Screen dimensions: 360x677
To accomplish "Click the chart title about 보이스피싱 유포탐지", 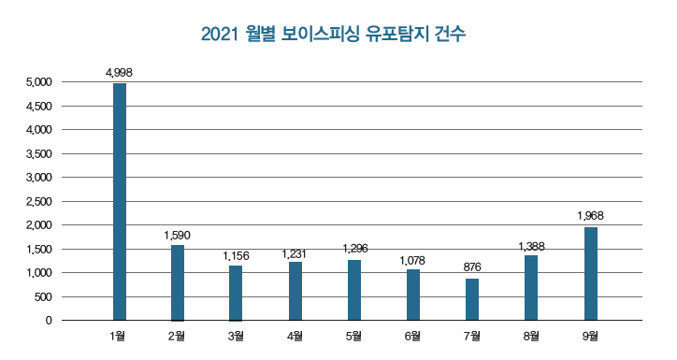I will pyautogui.click(x=333, y=35).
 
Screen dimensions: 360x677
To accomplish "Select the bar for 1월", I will pyautogui.click(x=120, y=202).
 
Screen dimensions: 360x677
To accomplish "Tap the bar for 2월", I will pyautogui.click(x=178, y=282).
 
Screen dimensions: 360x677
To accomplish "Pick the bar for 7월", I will pyautogui.click(x=472, y=299).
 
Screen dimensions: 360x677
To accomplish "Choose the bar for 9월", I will pyautogui.click(x=591, y=273).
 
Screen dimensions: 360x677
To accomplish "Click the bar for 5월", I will pyautogui.click(x=354, y=290).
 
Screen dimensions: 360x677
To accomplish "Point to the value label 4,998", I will pyautogui.click(x=119, y=71).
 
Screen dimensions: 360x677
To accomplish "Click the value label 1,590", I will pyautogui.click(x=178, y=234).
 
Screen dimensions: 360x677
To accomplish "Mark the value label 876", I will pyautogui.click(x=472, y=267).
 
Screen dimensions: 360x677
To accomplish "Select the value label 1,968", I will pyautogui.click(x=591, y=215).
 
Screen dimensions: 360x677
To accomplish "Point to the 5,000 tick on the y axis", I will pyautogui.click(x=41, y=82).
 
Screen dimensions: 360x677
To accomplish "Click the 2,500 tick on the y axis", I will pyautogui.click(x=41, y=202).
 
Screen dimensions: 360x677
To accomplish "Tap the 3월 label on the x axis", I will pyautogui.click(x=237, y=335).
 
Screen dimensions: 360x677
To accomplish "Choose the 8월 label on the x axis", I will pyautogui.click(x=531, y=335).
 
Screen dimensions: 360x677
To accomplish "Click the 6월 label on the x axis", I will pyautogui.click(x=413, y=335).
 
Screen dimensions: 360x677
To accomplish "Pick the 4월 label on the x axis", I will pyautogui.click(x=295, y=335).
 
